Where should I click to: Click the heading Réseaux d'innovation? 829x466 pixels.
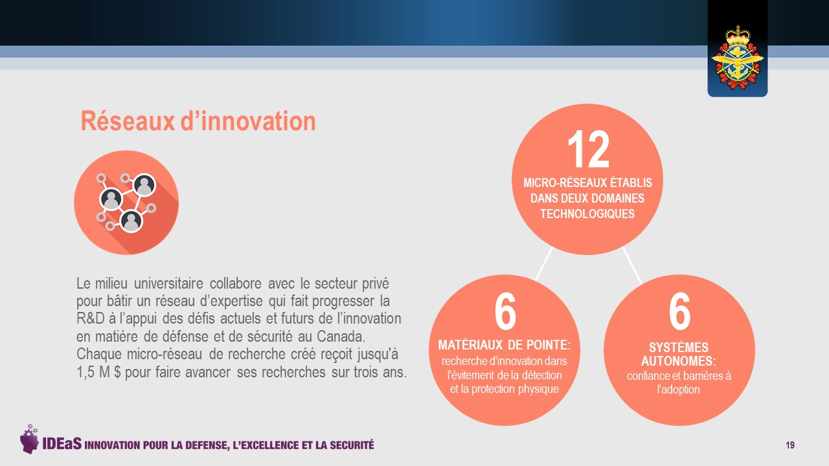(198, 121)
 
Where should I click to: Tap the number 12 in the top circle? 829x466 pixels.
(588, 149)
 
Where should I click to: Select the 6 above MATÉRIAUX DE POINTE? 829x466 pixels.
(505, 311)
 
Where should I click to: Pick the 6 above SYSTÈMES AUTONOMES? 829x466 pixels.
(679, 311)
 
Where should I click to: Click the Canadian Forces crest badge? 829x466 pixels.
(737, 58)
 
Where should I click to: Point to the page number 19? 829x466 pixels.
(790, 445)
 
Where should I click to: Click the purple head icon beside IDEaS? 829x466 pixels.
(30, 439)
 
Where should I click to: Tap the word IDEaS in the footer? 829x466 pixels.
(62, 444)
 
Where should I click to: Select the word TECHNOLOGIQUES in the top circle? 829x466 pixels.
(587, 214)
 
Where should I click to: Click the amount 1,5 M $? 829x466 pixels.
(99, 372)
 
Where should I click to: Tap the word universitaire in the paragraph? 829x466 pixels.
(168, 283)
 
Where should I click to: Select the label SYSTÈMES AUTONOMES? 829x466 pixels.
(678, 354)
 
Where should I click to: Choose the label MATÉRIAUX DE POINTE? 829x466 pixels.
(505, 345)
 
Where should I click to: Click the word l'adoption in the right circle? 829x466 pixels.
(678, 390)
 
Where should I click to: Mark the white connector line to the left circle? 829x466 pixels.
(544, 263)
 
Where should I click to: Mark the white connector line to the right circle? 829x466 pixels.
(631, 265)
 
